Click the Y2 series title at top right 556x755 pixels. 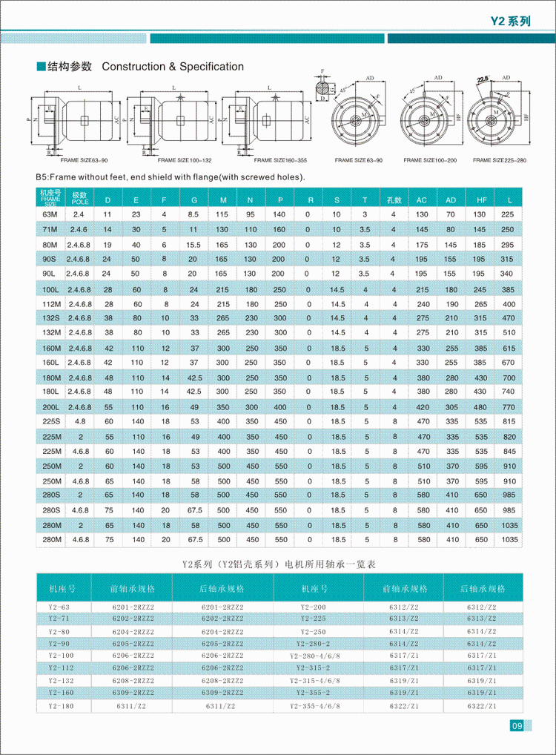(x=511, y=22)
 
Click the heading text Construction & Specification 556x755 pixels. (x=173, y=67)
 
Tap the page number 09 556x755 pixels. (x=517, y=725)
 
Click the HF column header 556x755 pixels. (x=481, y=200)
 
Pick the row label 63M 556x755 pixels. (x=50, y=214)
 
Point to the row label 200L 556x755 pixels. (x=50, y=407)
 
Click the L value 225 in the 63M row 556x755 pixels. (x=508, y=214)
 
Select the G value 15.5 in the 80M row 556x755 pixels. (x=193, y=245)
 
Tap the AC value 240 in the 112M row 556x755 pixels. (x=423, y=304)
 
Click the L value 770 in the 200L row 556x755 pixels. (x=508, y=407)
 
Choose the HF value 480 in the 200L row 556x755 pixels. (x=480, y=407)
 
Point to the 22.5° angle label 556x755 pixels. (x=483, y=79)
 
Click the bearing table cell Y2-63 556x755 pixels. (x=58, y=607)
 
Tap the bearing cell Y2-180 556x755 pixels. (x=58, y=706)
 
